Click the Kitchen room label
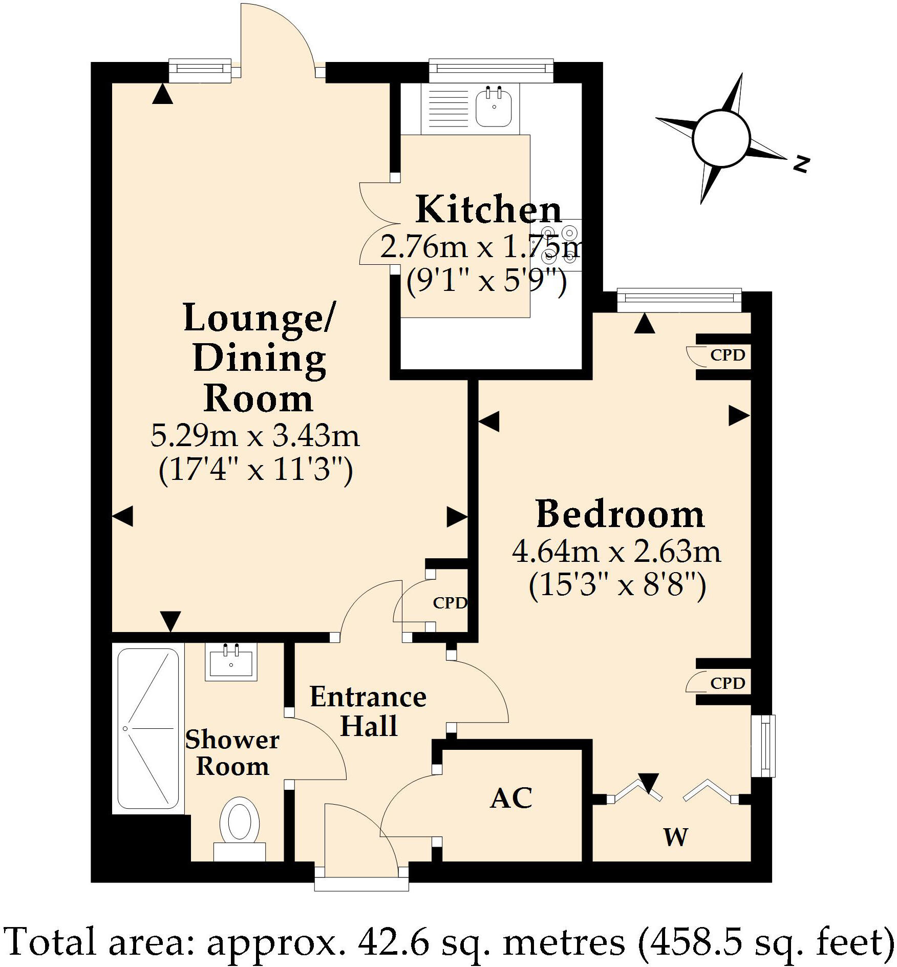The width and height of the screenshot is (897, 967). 488,210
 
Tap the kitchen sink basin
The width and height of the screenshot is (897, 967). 494,108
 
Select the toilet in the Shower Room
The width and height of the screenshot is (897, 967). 239,824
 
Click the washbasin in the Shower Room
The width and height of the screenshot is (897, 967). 231,662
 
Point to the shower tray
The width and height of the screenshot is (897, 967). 148,728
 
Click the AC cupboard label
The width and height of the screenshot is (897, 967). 511,797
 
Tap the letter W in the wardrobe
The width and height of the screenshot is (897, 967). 675,837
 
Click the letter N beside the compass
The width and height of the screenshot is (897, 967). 801,164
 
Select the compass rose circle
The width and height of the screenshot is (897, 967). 721,138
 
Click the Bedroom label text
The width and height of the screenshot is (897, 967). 620,514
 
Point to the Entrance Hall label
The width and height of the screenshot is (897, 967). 368,711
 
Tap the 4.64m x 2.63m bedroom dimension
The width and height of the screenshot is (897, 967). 616,552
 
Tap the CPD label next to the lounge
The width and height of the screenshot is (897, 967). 450,603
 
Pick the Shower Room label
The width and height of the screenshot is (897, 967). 232,753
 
